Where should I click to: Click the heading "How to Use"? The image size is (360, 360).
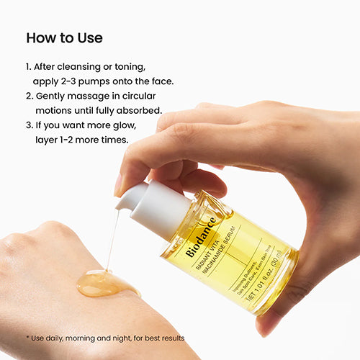tap(64, 37)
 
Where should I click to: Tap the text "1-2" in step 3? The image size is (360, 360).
tap(66, 140)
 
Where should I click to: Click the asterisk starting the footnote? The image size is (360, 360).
tap(27, 337)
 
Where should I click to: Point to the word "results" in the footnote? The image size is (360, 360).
tap(170, 338)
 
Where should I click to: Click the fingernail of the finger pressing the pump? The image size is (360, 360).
tap(120, 185)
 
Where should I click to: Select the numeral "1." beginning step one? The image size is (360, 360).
tap(29, 66)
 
